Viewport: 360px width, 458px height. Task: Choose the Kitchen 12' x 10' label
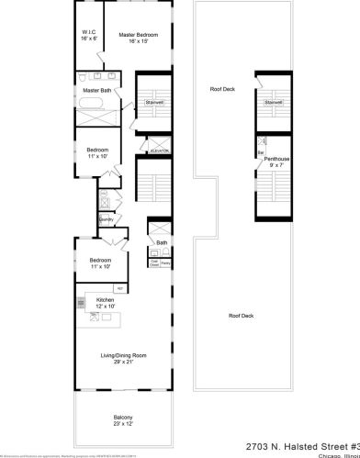pyautogui.click(x=106, y=303)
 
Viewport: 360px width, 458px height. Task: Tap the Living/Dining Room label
pyautogui.click(x=124, y=358)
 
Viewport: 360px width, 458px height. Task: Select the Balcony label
pyautogui.click(x=123, y=420)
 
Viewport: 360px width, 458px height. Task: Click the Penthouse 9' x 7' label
pyautogui.click(x=276, y=162)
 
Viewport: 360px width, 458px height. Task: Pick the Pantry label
pyautogui.click(x=166, y=263)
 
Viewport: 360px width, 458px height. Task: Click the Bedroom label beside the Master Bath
pyautogui.click(x=97, y=152)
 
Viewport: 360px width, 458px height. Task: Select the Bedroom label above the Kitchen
pyautogui.click(x=100, y=263)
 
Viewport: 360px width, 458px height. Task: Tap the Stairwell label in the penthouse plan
pyautogui.click(x=273, y=102)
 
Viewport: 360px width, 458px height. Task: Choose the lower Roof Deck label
pyautogui.click(x=241, y=315)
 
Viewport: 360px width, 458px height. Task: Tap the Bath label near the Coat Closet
pyautogui.click(x=162, y=242)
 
